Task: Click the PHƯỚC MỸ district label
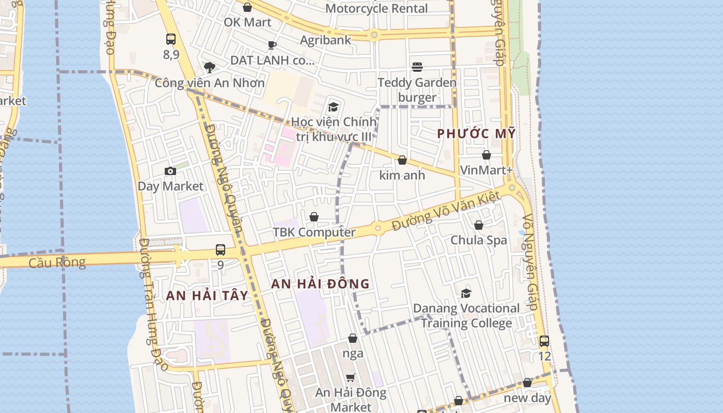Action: tap(476, 133)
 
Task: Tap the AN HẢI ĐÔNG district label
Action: tap(320, 283)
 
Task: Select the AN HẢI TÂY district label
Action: tap(207, 295)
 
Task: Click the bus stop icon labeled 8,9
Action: tap(171, 39)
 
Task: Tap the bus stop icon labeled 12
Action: tap(544, 341)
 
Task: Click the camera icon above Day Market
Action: tap(170, 171)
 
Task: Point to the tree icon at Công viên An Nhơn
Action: tap(209, 68)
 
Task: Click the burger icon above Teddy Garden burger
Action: tap(417, 67)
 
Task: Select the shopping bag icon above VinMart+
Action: tap(486, 155)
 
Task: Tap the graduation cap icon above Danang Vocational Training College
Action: tap(466, 293)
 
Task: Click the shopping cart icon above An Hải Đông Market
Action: tap(351, 378)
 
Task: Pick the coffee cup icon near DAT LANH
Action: tap(272, 45)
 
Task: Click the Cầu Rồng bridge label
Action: tap(57, 262)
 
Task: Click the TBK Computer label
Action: tap(314, 232)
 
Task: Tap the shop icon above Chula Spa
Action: tap(479, 225)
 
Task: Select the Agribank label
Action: tap(325, 40)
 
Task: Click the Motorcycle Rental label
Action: tap(376, 8)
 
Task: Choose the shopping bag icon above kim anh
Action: tap(402, 160)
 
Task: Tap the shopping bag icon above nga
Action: tap(353, 338)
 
